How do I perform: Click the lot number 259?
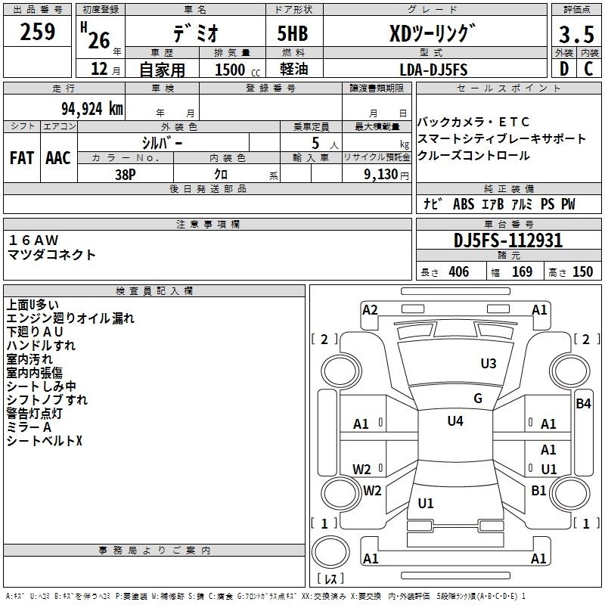pyautogui.click(x=37, y=32)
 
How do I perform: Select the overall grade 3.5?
pyautogui.click(x=576, y=34)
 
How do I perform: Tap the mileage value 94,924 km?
pyautogui.click(x=92, y=109)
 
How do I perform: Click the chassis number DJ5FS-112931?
pyautogui.click(x=508, y=240)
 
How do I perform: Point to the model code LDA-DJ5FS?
pyautogui.click(x=433, y=70)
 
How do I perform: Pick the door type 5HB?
pyautogui.click(x=293, y=33)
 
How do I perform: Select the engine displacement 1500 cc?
pyautogui.click(x=237, y=70)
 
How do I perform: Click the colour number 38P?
pyautogui.click(x=126, y=175)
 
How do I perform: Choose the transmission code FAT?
pyautogui.click(x=22, y=158)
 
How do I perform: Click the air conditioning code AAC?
pyautogui.click(x=58, y=158)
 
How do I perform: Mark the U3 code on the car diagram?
pyautogui.click(x=488, y=363)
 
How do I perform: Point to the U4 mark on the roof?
pyautogui.click(x=455, y=420)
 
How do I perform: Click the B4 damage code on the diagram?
pyautogui.click(x=583, y=404)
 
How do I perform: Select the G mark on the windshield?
pyautogui.click(x=478, y=398)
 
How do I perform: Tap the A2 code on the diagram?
pyautogui.click(x=370, y=310)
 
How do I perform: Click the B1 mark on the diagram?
pyautogui.click(x=538, y=490)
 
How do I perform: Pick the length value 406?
pyautogui.click(x=459, y=271)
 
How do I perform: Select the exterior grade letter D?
pyautogui.click(x=564, y=68)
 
